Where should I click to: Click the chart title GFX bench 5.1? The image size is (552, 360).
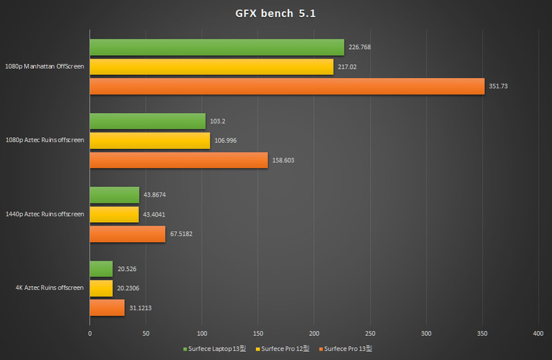(x=275, y=14)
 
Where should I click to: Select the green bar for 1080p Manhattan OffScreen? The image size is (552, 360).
(x=217, y=47)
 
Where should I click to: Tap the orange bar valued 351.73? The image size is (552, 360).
(x=287, y=86)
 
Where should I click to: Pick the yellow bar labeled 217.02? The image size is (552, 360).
(x=212, y=67)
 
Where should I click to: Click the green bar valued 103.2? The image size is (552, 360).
(x=148, y=121)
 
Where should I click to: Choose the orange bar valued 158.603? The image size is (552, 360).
(x=179, y=160)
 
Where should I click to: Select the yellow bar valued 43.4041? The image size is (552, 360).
(x=114, y=214)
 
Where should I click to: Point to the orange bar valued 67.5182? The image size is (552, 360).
(x=128, y=234)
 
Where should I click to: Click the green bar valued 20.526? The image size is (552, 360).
(x=101, y=269)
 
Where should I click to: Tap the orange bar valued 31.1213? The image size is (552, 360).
(x=107, y=308)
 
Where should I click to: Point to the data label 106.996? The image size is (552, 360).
(x=228, y=141)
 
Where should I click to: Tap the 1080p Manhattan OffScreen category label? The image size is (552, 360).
(x=45, y=67)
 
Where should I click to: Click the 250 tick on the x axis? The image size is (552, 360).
(x=371, y=333)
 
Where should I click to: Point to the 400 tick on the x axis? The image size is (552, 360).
(x=538, y=333)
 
